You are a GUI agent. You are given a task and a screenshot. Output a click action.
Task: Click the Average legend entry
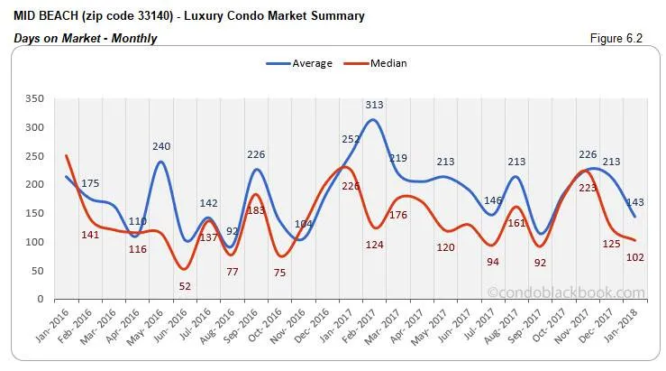pos(299,63)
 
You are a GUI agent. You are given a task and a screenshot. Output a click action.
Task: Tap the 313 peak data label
pos(375,106)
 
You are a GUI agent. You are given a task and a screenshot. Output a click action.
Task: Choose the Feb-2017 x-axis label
pos(369,324)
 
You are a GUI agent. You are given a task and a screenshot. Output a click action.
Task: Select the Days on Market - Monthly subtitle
pos(86,38)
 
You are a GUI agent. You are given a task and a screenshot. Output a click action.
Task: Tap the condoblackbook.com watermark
pos(565,292)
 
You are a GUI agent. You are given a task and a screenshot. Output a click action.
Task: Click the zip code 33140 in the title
pos(123,15)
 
